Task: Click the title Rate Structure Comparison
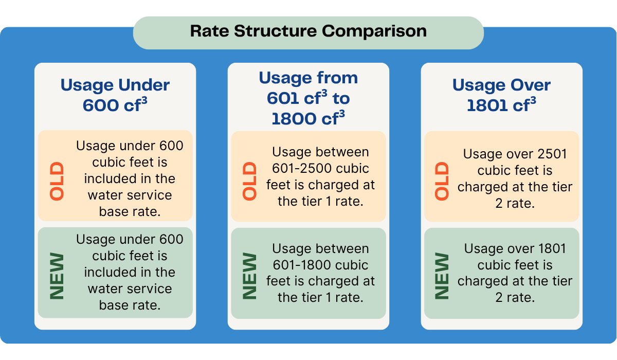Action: point(308,31)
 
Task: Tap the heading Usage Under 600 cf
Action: point(115,95)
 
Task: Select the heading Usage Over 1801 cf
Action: point(501,95)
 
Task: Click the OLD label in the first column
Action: point(57,181)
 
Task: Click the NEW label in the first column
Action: point(57,276)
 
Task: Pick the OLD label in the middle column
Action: point(249,181)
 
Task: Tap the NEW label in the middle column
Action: point(249,276)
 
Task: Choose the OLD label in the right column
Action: point(442,181)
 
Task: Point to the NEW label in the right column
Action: point(442,276)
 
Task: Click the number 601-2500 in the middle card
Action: point(302,168)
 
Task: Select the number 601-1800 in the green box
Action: point(302,265)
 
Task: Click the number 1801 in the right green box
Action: point(551,248)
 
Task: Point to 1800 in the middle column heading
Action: point(294,119)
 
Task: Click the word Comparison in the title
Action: point(374,31)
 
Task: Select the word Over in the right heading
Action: point(531,85)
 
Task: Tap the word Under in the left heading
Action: point(144,85)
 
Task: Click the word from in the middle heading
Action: point(337,78)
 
